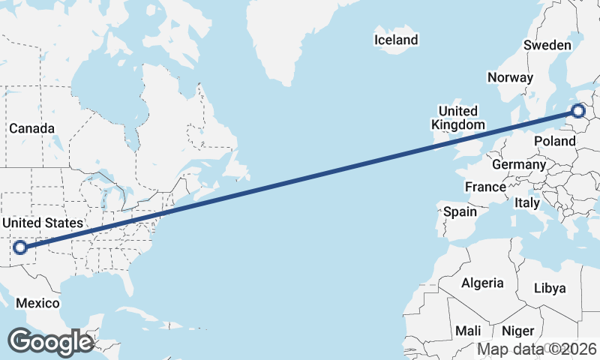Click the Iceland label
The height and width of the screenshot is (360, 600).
[x=397, y=40]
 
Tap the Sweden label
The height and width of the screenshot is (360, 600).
[x=547, y=45]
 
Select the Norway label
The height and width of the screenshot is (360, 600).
[x=510, y=77]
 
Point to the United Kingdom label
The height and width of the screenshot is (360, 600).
[x=457, y=118]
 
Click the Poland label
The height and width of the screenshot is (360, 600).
[x=554, y=141]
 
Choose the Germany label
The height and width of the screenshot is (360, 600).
[x=519, y=164]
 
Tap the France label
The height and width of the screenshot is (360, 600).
[x=485, y=187]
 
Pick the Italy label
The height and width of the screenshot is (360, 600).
[x=527, y=202]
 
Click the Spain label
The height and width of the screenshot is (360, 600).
[x=460, y=211]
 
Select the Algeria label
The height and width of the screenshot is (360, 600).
[x=482, y=283]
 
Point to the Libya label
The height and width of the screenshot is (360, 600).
[x=550, y=288]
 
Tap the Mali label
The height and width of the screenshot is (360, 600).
[x=468, y=331]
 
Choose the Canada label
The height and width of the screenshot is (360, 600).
[x=31, y=128]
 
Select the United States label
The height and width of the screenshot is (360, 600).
[x=42, y=223]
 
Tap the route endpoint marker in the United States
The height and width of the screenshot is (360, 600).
[x=20, y=247]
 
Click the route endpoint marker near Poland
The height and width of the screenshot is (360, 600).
[x=577, y=112]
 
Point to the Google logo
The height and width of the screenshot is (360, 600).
[x=49, y=342]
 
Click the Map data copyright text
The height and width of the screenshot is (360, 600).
[x=537, y=349]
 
